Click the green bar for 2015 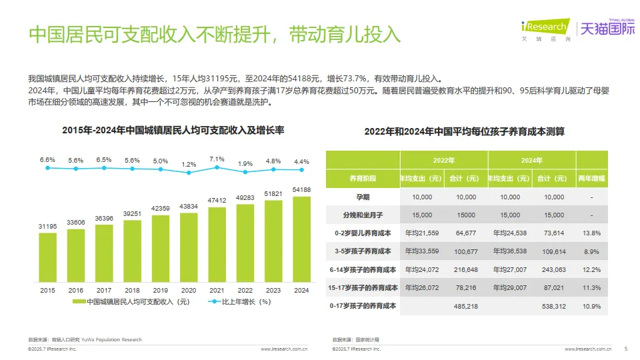click(x=47, y=257)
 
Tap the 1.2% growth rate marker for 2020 click(x=189, y=173)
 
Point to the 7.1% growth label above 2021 click(x=217, y=159)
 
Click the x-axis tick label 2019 click(x=161, y=291)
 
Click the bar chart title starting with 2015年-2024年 click(x=173, y=131)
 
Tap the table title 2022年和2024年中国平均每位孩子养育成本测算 click(x=464, y=131)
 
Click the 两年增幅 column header click(x=591, y=179)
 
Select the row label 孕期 click(x=362, y=197)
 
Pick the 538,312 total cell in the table click(x=554, y=306)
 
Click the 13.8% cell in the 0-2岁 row click(x=591, y=233)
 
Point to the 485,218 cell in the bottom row click(x=465, y=306)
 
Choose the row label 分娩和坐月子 click(x=362, y=215)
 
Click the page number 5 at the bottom click(x=625, y=349)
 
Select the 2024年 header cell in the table click(x=531, y=160)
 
